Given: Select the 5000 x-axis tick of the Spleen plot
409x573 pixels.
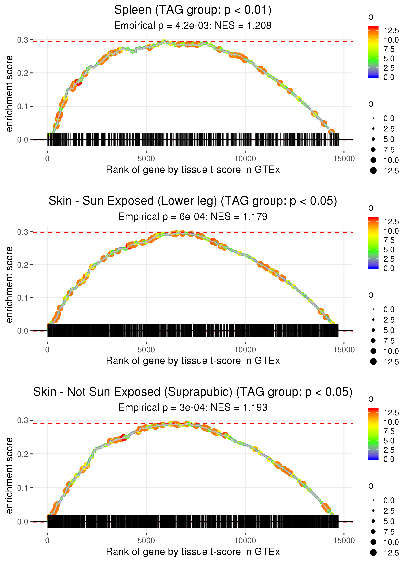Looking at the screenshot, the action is (146, 159).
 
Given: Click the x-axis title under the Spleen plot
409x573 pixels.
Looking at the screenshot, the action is (193, 170).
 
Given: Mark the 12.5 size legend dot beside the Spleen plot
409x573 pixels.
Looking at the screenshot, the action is (373, 171).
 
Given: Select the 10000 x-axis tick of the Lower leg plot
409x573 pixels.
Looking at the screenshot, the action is (245, 350).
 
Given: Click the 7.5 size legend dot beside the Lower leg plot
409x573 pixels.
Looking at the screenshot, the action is (373, 341).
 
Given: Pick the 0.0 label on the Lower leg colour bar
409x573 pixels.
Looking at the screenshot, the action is (389, 268).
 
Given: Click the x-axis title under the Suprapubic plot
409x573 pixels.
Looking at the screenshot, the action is (193, 552).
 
